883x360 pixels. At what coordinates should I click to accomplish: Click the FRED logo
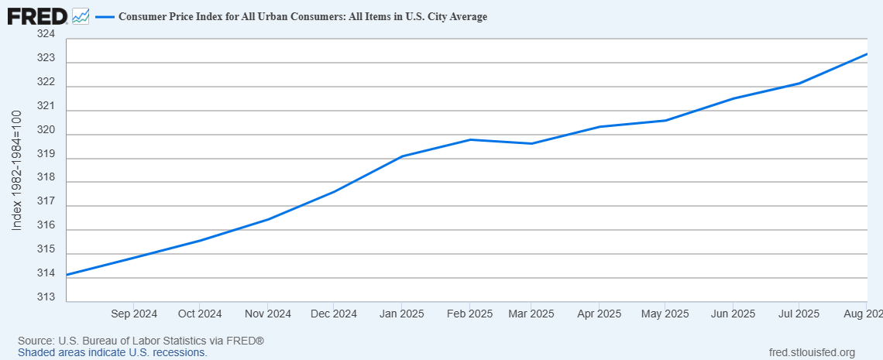(x=38, y=16)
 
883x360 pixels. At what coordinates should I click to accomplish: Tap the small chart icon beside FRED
(x=81, y=16)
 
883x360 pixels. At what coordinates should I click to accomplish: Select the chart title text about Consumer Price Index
(x=303, y=17)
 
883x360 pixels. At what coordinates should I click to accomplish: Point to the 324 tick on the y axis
(x=47, y=34)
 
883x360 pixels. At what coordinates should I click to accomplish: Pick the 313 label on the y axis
(x=47, y=297)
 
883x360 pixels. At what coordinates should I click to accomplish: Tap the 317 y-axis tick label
(x=47, y=201)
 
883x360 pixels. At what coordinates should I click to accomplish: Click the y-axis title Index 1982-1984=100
(x=17, y=170)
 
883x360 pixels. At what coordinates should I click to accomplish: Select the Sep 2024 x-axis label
(x=134, y=314)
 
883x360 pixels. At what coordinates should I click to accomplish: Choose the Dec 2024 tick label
(x=333, y=314)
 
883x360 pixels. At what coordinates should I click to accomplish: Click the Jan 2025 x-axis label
(x=401, y=314)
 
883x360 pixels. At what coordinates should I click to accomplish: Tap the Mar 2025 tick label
(x=531, y=314)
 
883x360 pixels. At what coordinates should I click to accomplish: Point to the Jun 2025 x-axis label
(x=732, y=314)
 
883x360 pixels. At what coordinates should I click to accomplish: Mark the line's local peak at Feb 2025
(x=470, y=139)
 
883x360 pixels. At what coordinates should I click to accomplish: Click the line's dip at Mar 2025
(x=531, y=143)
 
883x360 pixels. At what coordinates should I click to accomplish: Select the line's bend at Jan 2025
(x=401, y=156)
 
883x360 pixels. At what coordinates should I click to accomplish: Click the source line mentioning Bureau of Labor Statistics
(x=141, y=341)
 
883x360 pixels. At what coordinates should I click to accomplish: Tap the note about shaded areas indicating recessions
(x=112, y=353)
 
